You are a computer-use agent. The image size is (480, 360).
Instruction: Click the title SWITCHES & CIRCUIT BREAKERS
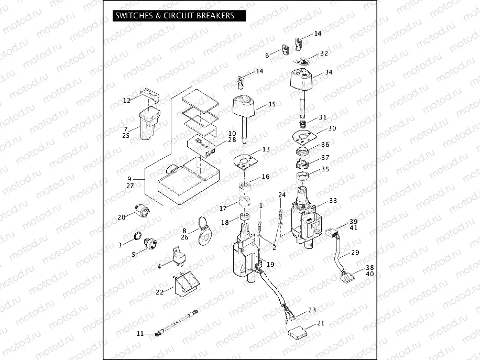(174, 16)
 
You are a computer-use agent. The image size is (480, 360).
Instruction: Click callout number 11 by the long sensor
(140, 333)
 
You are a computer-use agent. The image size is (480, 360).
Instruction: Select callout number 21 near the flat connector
(321, 323)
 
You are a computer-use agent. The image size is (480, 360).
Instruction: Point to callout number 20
(122, 216)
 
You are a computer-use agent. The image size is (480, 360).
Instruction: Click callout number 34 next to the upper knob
(329, 72)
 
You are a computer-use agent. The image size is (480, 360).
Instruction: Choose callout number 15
(271, 104)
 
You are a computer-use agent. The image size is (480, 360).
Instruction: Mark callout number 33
(333, 201)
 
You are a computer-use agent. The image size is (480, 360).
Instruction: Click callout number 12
(127, 100)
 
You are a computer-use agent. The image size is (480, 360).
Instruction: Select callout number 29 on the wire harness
(355, 253)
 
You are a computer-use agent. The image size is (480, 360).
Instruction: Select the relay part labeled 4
(174, 255)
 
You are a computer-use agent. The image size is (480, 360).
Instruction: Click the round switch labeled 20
(143, 209)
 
